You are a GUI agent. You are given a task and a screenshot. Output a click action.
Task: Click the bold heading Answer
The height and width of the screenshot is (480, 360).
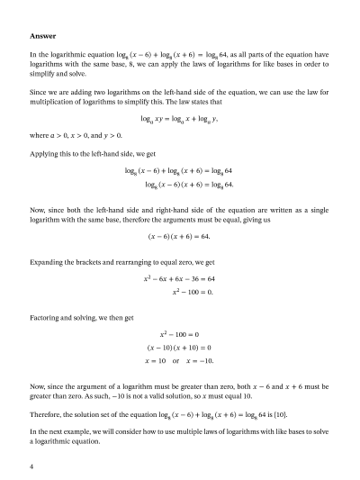(x=43, y=36)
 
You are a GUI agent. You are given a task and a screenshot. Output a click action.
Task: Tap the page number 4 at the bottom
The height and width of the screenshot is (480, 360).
(x=31, y=466)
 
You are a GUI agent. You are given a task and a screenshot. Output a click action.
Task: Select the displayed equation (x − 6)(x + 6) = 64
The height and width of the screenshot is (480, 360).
(x=179, y=237)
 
